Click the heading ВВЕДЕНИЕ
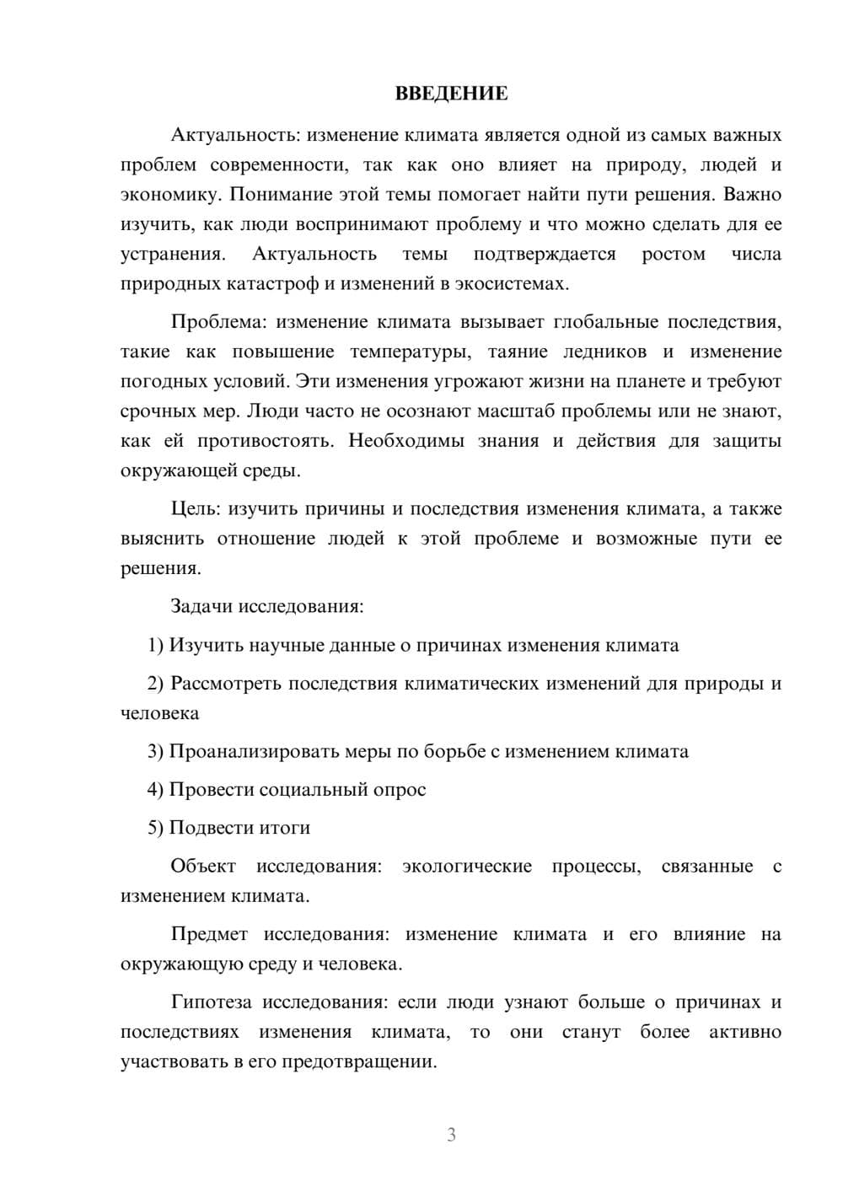click(x=451, y=94)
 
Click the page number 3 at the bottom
click(x=451, y=1135)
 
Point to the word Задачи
click(x=202, y=606)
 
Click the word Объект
click(x=203, y=866)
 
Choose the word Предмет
click(x=209, y=934)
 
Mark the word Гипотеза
click(x=212, y=1002)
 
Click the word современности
click(x=273, y=165)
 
